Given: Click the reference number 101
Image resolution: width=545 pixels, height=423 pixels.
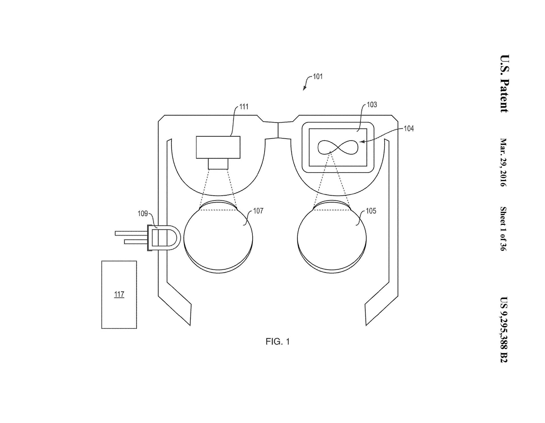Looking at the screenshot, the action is tap(318, 76).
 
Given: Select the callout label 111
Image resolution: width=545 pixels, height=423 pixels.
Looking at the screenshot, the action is tap(244, 107).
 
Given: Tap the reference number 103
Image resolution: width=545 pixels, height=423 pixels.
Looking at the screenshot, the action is tap(372, 105).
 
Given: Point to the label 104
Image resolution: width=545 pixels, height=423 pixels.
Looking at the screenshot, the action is tap(409, 129).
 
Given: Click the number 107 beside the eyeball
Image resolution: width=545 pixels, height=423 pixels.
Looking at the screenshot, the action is tap(258, 211).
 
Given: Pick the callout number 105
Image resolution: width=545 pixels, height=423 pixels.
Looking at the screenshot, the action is tap(371, 211).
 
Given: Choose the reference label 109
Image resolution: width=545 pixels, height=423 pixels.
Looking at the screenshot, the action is tap(143, 213).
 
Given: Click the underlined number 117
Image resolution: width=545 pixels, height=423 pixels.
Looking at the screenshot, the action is tap(119, 294).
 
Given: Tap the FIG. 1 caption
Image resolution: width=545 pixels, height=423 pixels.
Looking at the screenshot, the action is tap(278, 342).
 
